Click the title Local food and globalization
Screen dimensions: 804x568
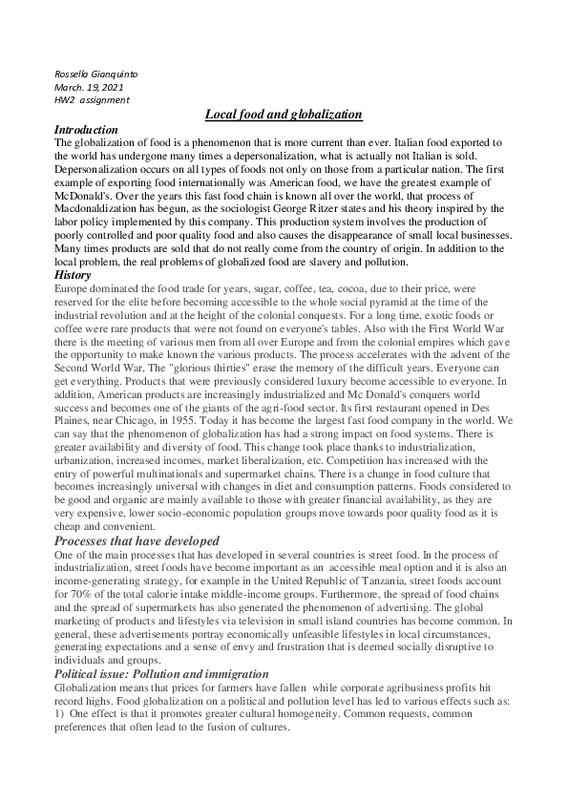284,115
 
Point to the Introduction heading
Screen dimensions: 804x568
86,130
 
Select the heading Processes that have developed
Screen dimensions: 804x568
137,540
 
